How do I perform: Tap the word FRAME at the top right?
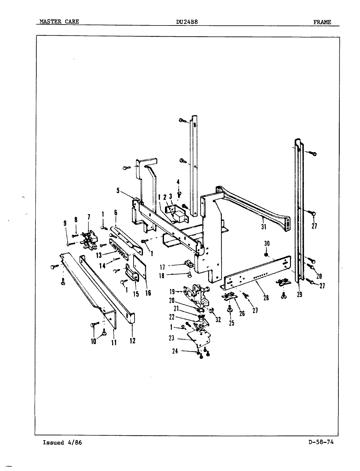[x=322, y=22]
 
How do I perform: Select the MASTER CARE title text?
[x=59, y=22]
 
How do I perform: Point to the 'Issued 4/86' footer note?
[x=62, y=443]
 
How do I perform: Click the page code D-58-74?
[x=321, y=443]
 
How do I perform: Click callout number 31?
[x=264, y=226]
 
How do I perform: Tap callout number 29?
[x=299, y=295]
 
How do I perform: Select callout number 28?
[x=266, y=298]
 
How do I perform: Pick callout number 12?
[x=132, y=341]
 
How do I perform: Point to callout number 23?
[x=172, y=339]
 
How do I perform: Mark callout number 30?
[x=267, y=243]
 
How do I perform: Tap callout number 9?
[x=65, y=223]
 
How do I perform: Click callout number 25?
[x=232, y=323]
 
